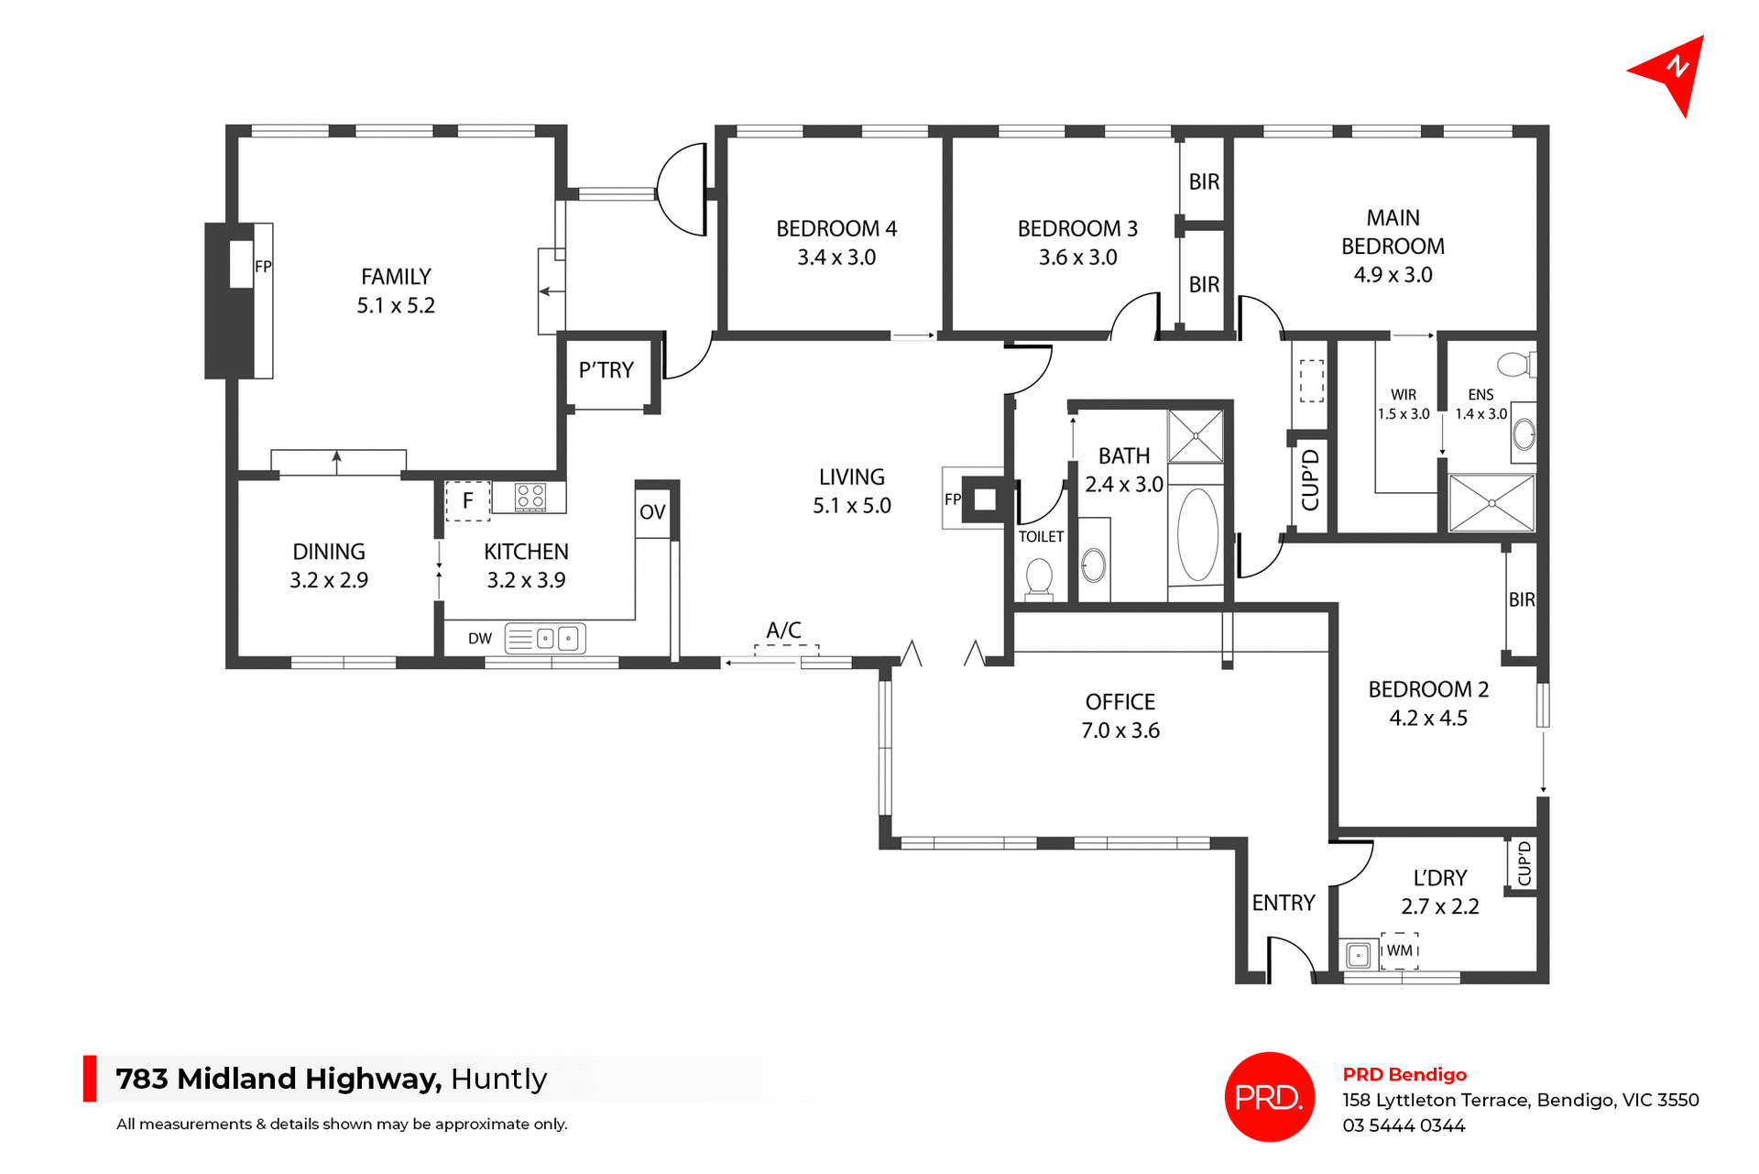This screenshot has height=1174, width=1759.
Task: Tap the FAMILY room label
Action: pos(396,277)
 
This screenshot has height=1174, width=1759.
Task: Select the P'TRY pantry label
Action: pos(606,370)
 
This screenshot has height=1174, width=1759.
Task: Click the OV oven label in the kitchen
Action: pos(652,512)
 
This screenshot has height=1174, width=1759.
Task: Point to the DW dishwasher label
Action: pos(479,639)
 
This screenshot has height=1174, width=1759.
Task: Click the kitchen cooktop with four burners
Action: pos(530,497)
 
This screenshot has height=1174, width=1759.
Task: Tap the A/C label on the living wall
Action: pos(783,631)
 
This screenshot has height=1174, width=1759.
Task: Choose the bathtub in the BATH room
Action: pos(1196,535)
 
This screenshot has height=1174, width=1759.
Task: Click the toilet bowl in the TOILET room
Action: pos(1039,577)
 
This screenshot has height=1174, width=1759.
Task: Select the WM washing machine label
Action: pos(1399,950)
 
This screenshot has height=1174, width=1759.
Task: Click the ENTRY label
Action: pos(1283,904)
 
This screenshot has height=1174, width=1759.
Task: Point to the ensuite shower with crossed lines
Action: pos(1491,502)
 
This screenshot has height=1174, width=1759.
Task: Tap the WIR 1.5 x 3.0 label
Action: pos(1404,404)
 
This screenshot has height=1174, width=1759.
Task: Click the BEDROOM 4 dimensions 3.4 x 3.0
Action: pos(836,258)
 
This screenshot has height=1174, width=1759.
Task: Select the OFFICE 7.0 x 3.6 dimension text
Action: pos(1120,730)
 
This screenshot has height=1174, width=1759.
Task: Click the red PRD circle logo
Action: pos(1269,1097)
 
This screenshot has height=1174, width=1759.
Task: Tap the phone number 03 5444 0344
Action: pos(1404,1125)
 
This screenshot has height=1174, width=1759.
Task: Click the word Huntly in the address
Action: pos(498,1080)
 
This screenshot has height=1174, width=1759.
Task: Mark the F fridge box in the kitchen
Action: pos(467,501)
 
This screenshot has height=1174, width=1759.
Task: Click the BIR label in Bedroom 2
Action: pos(1522,599)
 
